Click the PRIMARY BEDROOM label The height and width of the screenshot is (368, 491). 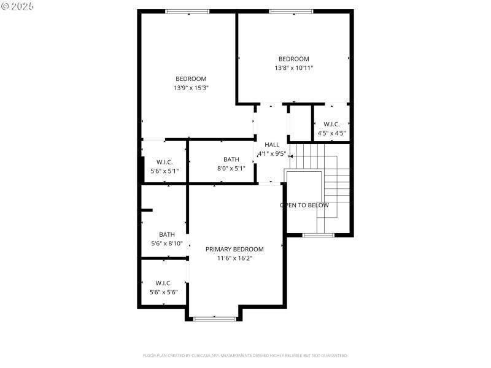234,249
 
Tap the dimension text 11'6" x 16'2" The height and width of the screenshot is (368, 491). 234,258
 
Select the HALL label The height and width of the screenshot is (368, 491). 272,145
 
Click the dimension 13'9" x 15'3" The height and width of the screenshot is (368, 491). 191,88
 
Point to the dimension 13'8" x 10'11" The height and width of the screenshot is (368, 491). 294,68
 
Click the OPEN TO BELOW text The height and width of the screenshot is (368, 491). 304,205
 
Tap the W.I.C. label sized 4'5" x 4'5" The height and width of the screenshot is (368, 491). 331,124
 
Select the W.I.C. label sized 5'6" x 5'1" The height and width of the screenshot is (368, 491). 164,162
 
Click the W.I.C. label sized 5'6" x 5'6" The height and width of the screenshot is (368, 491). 164,283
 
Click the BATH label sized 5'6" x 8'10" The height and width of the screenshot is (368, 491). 167,234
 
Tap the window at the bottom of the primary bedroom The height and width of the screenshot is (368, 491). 215,318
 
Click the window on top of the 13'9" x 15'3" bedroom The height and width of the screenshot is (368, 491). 187,11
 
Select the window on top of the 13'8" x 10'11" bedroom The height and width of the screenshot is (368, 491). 292,11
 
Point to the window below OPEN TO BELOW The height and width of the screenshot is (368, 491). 318,235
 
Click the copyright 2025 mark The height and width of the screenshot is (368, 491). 18,6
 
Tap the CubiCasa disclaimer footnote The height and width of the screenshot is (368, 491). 245,355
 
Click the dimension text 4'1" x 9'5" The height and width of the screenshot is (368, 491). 272,153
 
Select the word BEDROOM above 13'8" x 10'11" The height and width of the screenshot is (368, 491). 294,59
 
